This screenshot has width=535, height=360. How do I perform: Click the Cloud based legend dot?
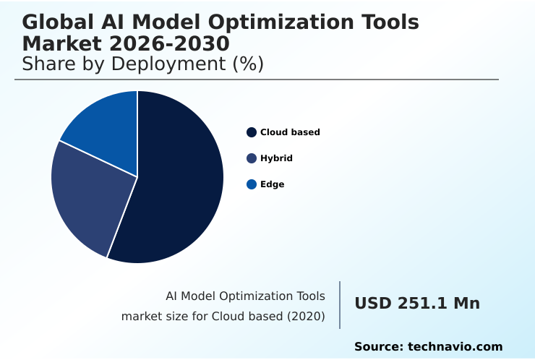pos(252,132)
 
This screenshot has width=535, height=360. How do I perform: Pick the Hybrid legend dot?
pos(252,158)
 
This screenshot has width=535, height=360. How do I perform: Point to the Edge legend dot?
pos(252,184)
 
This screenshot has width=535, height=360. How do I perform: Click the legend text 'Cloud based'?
pos(290,132)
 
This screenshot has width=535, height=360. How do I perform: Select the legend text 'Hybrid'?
pos(276,158)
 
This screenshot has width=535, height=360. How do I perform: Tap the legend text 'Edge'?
pos(272,184)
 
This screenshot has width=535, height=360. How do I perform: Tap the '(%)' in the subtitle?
pos(247,64)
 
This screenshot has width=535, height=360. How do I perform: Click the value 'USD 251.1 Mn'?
pos(417,304)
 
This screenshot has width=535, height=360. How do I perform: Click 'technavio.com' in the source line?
pos(455,347)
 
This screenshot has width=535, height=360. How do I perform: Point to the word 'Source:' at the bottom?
pos(379,347)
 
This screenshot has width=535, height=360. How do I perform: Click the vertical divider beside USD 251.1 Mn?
pos(340,305)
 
